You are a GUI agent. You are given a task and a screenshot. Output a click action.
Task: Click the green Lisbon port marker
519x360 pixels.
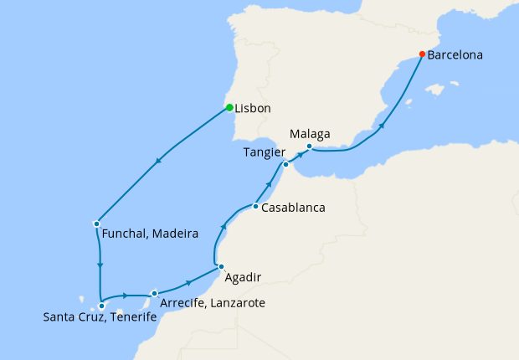229,107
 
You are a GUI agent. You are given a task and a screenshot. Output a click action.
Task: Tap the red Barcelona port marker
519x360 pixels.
422,55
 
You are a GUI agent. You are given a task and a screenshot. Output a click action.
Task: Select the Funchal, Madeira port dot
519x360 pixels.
97,224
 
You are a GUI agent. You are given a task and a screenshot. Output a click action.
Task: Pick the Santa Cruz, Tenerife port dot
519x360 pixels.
101,306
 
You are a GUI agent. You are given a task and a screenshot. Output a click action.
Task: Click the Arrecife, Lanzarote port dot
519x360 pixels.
155,293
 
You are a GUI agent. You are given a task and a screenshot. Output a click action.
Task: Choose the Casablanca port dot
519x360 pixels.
255,206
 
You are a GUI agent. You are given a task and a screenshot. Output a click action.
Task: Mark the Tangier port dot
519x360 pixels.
285,164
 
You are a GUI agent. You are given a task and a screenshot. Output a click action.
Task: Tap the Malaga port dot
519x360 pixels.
309,147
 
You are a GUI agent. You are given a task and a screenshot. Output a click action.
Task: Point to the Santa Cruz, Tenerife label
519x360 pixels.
100,317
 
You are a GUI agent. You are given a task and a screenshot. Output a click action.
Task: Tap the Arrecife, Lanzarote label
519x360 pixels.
213,302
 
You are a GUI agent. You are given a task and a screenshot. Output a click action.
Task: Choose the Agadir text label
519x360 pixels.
244,277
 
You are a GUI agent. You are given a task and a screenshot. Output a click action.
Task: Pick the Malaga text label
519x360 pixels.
310,133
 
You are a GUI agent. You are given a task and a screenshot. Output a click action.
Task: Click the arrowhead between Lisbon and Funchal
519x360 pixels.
158,165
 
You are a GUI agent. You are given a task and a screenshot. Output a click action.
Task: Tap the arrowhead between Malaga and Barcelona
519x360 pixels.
382,127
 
